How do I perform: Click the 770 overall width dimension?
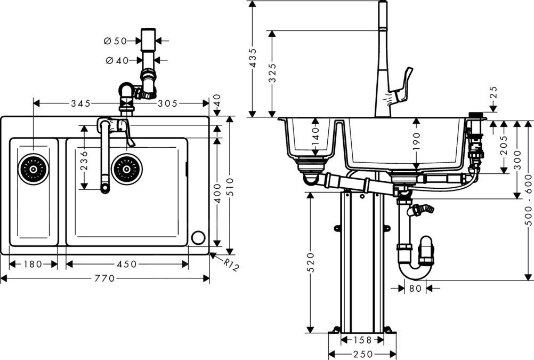(x=105, y=278)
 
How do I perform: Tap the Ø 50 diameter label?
(x=115, y=41)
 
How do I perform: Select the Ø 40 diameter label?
(x=117, y=61)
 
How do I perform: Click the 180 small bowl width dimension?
(x=33, y=264)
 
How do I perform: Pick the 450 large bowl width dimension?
(x=127, y=264)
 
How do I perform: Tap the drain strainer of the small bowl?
(x=34, y=169)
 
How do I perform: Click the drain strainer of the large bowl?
(x=127, y=169)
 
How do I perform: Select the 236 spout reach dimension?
(x=84, y=160)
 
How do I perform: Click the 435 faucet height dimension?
(x=253, y=59)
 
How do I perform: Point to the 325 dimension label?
(x=272, y=73)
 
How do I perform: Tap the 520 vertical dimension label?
(x=310, y=262)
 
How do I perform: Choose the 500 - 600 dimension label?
(x=529, y=199)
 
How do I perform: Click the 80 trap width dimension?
(x=415, y=289)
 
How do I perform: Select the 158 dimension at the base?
(x=362, y=340)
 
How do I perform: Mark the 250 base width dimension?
(x=362, y=355)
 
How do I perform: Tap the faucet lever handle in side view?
(x=403, y=85)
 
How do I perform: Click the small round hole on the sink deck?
(x=198, y=238)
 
